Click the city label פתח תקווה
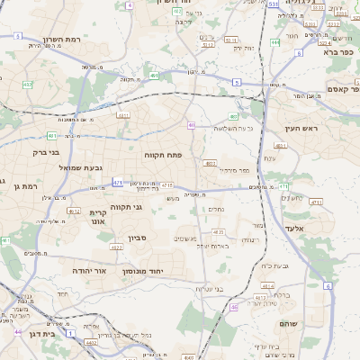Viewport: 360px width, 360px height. coord(163,155)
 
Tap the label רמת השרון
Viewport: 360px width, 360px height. coord(62,40)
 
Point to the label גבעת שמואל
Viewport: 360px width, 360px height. coord(58,167)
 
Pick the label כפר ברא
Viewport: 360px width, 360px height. coord(323,52)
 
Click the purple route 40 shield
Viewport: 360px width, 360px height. coord(191,125)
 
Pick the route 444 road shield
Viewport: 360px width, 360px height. coord(274,42)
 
